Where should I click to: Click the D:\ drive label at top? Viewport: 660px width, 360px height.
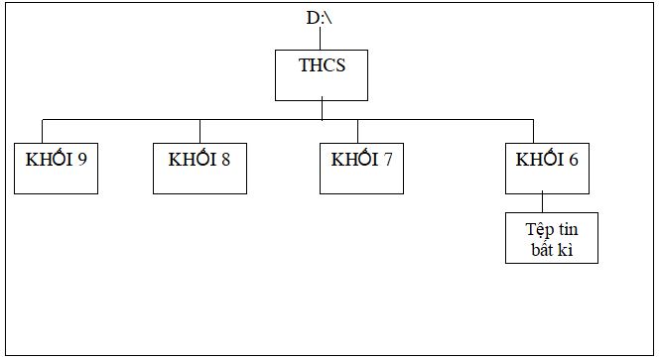point(320,18)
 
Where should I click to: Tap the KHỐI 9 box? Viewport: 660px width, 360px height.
point(56,168)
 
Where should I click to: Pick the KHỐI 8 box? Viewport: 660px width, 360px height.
point(199,168)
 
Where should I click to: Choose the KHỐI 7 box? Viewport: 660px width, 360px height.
point(361,168)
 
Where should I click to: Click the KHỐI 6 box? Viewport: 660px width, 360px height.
point(547,168)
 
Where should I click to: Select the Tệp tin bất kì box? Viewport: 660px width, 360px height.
point(551,237)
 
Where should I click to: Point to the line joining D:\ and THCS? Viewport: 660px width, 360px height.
point(321,39)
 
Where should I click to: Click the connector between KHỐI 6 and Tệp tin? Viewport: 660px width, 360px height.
point(543,201)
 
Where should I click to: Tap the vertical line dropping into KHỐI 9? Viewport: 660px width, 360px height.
point(43,132)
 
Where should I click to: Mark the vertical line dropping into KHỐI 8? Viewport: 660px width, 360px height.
point(199,132)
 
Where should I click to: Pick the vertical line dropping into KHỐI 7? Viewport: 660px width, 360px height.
point(359,132)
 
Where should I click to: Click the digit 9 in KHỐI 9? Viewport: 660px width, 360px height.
point(81,159)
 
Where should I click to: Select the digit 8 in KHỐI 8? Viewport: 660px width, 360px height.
point(226,159)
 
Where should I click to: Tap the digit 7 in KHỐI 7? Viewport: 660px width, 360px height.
point(388,159)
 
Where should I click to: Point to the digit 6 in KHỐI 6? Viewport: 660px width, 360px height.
point(574,159)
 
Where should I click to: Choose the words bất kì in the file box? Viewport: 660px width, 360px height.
point(551,247)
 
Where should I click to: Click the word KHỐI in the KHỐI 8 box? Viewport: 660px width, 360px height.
point(193,159)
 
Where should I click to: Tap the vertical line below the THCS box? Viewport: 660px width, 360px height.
point(321,110)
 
